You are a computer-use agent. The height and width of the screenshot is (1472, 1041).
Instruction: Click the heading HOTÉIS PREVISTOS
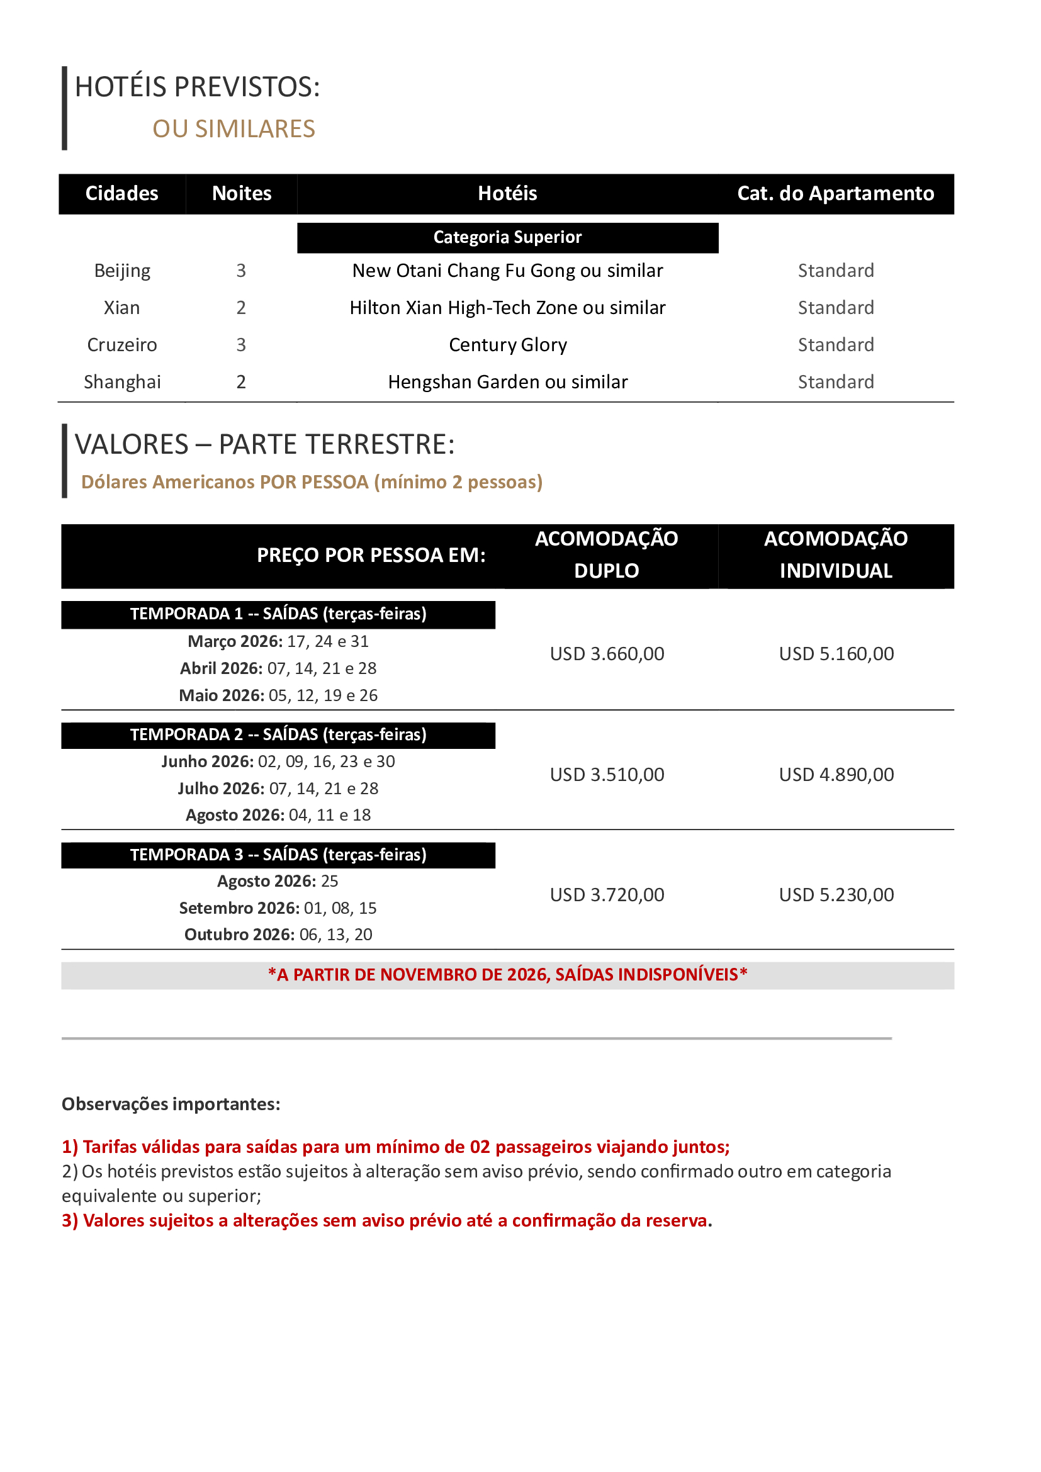(x=197, y=87)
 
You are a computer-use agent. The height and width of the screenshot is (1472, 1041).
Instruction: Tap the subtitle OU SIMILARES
(x=234, y=129)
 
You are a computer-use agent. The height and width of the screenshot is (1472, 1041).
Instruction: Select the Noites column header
(x=242, y=194)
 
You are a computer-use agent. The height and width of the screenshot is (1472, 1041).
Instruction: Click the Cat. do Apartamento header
(x=835, y=194)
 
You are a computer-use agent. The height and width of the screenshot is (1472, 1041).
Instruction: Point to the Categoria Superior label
(x=507, y=237)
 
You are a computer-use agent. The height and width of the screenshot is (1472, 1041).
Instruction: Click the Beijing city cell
(x=122, y=271)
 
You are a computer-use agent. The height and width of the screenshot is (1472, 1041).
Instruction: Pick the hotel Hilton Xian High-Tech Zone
(x=507, y=308)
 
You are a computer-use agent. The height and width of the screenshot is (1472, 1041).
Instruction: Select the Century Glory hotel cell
(x=507, y=345)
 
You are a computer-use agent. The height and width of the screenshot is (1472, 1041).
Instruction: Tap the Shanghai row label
(x=122, y=382)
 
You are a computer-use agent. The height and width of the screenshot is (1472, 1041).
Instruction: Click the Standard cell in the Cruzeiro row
(x=835, y=345)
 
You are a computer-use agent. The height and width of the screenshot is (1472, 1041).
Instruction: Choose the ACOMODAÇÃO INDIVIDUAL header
(x=835, y=554)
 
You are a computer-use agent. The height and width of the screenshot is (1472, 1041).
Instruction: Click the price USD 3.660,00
(x=606, y=654)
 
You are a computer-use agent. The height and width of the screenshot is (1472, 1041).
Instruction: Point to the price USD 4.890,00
(x=836, y=775)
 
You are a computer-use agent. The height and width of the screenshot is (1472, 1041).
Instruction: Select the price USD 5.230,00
(x=836, y=894)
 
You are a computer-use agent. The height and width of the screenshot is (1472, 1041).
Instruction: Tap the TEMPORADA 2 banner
(x=278, y=734)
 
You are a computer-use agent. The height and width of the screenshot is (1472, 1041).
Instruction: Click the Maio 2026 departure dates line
(x=278, y=695)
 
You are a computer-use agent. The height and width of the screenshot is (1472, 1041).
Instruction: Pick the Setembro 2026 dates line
(x=278, y=908)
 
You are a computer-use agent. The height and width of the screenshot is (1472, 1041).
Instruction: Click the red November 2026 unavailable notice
(x=507, y=974)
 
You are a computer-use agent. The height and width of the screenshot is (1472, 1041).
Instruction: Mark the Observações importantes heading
(x=171, y=1104)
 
